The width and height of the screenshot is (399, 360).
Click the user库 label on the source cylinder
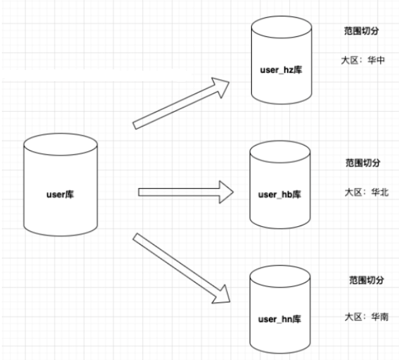pos(61,195)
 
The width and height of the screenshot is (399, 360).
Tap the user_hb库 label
pos(280,194)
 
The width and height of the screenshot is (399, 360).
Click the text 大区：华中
pos(363,60)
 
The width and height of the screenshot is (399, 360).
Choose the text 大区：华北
pos(367,192)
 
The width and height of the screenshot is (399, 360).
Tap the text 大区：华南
pos(366,316)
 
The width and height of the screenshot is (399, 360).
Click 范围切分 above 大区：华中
pos(361,30)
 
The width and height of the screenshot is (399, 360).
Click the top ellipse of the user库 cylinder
pos(61,146)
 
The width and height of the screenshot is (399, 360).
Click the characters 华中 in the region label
pos(376,60)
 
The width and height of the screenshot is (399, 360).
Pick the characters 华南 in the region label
pos(380,316)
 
